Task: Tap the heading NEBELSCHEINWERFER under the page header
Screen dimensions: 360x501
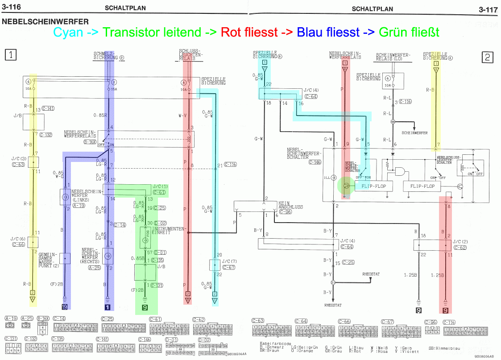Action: point(45,21)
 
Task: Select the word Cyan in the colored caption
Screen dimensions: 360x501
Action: point(68,33)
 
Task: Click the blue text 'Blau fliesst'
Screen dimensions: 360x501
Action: point(328,33)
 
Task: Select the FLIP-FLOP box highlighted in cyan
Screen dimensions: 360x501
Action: point(373,186)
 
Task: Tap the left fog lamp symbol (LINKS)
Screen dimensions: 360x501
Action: point(65,196)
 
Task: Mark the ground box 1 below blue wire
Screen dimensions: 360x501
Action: point(107,307)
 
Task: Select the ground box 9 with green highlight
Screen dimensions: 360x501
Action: point(145,307)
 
